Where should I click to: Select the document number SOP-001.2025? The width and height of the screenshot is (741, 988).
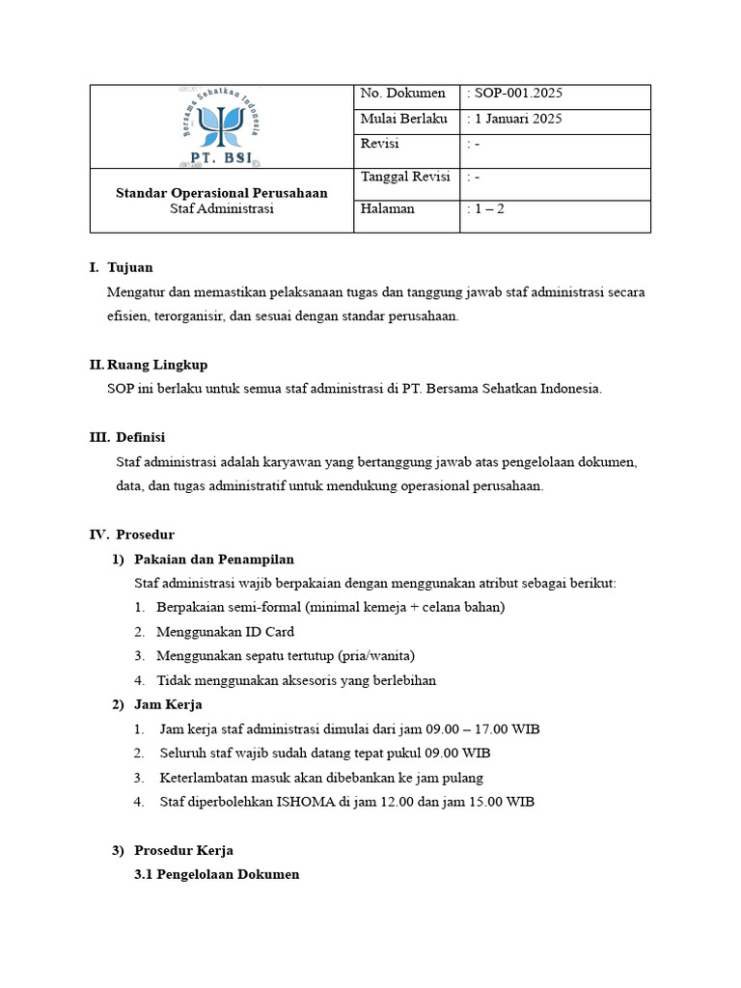518,94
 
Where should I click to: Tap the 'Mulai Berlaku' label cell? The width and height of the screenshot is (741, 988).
403,119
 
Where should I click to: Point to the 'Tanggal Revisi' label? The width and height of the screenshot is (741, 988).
404,177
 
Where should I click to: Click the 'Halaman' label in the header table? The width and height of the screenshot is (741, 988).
387,208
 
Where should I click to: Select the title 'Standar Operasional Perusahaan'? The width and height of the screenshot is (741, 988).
221,193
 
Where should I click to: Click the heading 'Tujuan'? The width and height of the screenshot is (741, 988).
130,267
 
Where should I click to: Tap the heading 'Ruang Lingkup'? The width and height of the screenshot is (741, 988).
157,365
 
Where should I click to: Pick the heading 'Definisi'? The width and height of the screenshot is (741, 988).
141,437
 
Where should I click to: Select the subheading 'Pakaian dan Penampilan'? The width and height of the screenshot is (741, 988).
214,559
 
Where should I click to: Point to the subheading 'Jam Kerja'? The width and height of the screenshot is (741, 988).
168,704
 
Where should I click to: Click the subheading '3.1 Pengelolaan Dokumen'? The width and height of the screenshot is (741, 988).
217,874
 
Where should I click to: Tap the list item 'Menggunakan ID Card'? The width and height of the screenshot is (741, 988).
225,632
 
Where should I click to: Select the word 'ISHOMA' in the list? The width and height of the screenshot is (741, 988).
306,802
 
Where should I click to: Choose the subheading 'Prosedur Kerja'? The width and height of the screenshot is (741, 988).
183,850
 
